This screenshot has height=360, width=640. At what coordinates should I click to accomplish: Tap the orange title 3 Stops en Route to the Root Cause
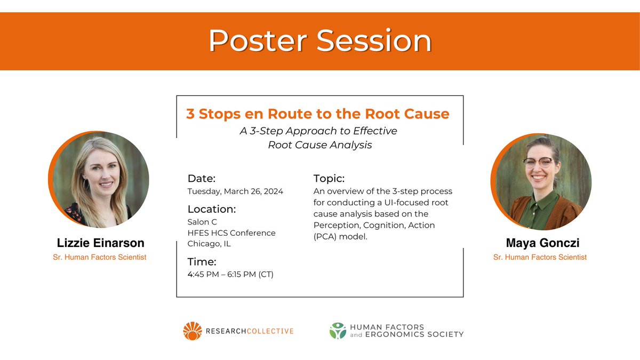pos(317,114)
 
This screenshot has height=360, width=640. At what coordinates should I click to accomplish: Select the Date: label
pos(202,179)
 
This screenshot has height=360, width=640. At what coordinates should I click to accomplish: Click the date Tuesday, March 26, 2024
pos(235,191)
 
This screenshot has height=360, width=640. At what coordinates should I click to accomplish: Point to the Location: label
pos(212,209)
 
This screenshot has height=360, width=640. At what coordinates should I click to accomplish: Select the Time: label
pos(202,262)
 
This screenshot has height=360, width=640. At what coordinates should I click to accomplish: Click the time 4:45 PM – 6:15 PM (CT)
pos(230,275)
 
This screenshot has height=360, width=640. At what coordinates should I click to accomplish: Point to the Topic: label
pos(329,179)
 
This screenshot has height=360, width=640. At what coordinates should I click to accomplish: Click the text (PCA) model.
pos(340,236)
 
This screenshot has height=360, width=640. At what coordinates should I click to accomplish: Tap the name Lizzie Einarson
pos(100,243)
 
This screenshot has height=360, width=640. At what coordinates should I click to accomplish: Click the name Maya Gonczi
pos(542,243)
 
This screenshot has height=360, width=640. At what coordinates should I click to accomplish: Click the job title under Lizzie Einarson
pos(100,258)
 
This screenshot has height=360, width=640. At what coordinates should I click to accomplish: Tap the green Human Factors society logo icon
pos(338,331)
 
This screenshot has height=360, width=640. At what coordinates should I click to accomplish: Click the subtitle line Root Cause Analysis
pos(319,145)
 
